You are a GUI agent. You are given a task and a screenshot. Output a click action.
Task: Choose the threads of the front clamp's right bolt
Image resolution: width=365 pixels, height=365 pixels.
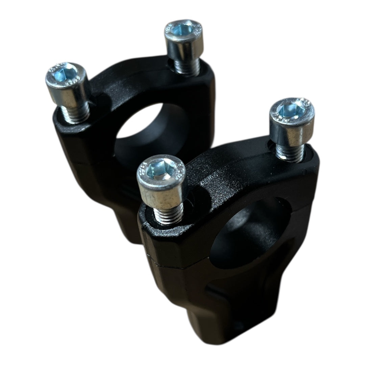click(x=290, y=151)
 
